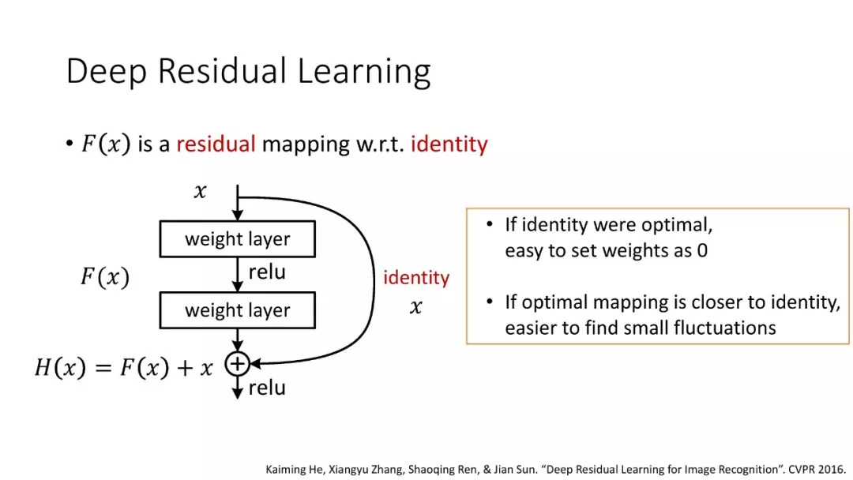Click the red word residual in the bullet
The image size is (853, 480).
point(216,144)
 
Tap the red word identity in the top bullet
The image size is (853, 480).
point(449,144)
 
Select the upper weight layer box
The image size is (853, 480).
point(237,238)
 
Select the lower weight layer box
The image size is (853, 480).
point(237,309)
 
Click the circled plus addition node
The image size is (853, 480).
point(237,364)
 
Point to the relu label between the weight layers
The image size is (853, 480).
point(267,272)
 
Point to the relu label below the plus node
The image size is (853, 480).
point(267,388)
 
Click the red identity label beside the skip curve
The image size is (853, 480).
point(416,278)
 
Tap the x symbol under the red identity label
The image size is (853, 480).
point(415,307)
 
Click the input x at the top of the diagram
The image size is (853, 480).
point(200,191)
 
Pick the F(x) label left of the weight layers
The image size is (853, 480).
point(105,276)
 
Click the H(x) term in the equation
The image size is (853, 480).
point(60,367)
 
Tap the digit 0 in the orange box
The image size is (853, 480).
point(702,250)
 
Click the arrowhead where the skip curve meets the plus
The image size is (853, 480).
point(254,364)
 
